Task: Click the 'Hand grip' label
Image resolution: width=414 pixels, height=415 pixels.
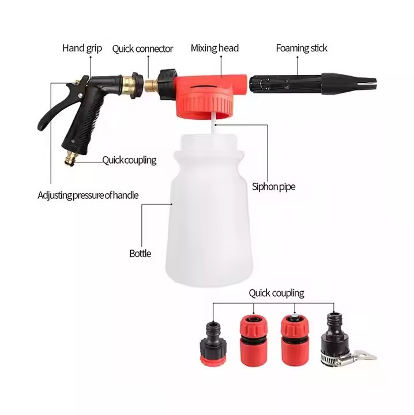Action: pyautogui.click(x=82, y=48)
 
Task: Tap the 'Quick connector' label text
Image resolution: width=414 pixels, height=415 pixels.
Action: pyautogui.click(x=142, y=49)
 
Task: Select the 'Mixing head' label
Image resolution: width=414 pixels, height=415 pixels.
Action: pyautogui.click(x=214, y=48)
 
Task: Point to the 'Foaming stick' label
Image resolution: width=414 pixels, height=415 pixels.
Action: pyautogui.click(x=302, y=48)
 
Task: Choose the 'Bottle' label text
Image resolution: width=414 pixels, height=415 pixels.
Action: pyautogui.click(x=140, y=253)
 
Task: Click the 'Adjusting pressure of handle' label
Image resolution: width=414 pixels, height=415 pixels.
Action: pyautogui.click(x=88, y=195)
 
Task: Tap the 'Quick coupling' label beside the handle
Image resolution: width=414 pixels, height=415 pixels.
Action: pyautogui.click(x=129, y=160)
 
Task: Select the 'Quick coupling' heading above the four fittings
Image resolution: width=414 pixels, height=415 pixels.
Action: pyautogui.click(x=276, y=293)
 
